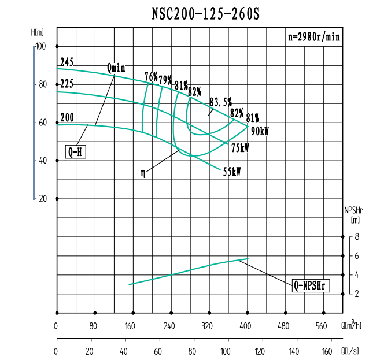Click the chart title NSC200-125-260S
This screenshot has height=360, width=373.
coord(205,14)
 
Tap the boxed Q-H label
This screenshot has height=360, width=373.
coord(75,153)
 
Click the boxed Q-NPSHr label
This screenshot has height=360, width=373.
coord(311,285)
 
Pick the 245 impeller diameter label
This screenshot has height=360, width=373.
coord(67,62)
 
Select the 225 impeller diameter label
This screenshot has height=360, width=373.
coord(67,84)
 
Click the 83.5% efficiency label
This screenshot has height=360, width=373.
coord(220,102)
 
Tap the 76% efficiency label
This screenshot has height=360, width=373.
coord(151,76)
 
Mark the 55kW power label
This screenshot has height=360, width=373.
coord(232,171)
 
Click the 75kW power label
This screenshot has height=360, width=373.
coord(239,149)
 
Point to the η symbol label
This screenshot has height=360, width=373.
coord(143,172)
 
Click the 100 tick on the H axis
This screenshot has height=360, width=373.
coord(40,46)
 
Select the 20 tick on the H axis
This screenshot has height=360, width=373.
coord(42,198)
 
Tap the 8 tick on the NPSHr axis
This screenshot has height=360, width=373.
coord(357,237)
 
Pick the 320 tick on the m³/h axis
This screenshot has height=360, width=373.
coord(209,326)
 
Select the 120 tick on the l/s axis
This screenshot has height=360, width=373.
coord(260,351)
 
